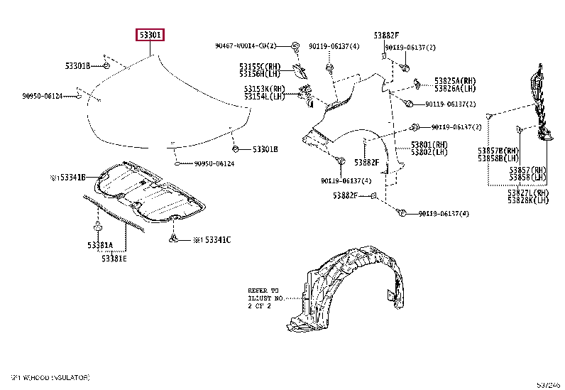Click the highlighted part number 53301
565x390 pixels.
coord(150,34)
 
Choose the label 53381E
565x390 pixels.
coord(114,258)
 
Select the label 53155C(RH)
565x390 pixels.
coord(260,65)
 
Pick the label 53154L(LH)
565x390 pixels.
coord(263,96)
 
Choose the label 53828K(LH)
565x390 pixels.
coord(528,200)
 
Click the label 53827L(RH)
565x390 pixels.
coord(528,193)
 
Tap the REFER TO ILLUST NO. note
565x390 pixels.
coord(265,298)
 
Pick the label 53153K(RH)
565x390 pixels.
coord(263,89)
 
